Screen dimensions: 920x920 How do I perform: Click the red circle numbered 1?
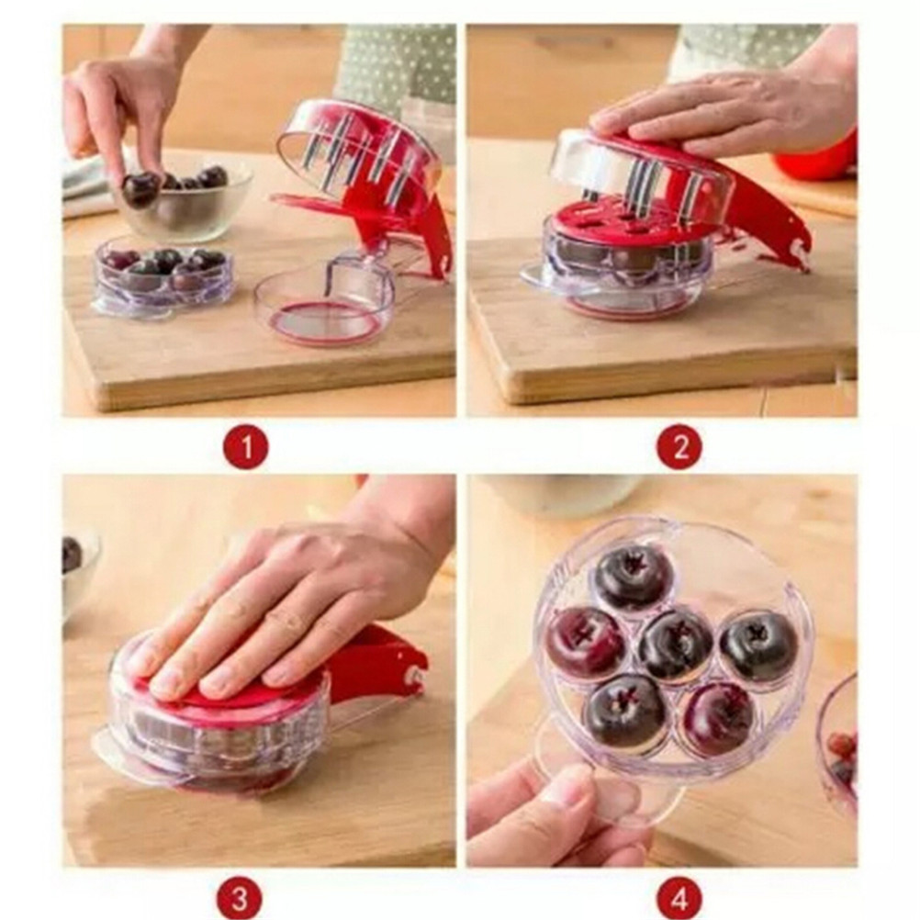tap(246, 447)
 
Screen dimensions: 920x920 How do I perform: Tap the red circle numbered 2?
tap(680, 447)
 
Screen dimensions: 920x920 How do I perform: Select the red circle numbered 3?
tap(239, 896)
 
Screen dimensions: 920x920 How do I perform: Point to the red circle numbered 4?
tap(680, 896)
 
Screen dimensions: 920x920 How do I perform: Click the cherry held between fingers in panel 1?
tap(140, 187)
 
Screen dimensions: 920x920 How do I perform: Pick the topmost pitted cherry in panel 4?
tap(631, 577)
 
